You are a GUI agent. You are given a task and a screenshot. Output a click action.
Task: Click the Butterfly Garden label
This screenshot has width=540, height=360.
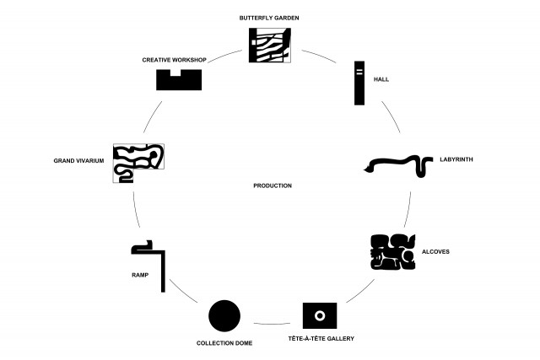click(x=269, y=18)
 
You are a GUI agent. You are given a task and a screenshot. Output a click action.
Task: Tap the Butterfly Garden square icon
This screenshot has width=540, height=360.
click(x=270, y=45)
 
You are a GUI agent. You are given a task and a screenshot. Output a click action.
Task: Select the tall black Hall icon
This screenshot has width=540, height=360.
click(x=359, y=83)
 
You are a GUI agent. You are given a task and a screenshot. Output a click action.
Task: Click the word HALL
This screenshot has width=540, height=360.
click(x=381, y=79)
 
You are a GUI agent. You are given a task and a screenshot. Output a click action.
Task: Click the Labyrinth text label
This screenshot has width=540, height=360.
click(x=456, y=159)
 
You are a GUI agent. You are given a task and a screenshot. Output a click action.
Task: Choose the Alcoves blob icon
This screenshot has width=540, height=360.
click(x=393, y=252)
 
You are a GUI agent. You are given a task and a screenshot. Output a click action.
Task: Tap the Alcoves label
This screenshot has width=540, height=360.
click(x=435, y=251)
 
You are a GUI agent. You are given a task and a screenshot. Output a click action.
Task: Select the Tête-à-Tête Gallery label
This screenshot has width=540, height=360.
click(x=321, y=339)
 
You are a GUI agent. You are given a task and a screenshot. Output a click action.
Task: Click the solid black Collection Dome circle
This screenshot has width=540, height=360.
click(x=224, y=315)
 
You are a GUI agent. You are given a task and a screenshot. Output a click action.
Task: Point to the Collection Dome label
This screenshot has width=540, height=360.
click(x=224, y=343)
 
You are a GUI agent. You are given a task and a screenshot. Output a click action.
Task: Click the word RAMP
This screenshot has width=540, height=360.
click(x=140, y=275)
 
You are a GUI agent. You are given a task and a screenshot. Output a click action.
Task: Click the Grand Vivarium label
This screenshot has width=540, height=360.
click(x=78, y=161)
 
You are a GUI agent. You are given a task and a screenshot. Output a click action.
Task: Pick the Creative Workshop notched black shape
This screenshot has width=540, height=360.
click(x=179, y=83)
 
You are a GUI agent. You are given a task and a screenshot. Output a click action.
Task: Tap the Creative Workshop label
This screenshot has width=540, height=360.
click(x=175, y=60)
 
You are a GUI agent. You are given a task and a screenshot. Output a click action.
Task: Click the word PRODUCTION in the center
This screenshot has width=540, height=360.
click(x=273, y=185)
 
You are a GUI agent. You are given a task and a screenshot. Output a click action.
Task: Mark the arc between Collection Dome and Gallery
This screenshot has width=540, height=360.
click(x=272, y=325)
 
